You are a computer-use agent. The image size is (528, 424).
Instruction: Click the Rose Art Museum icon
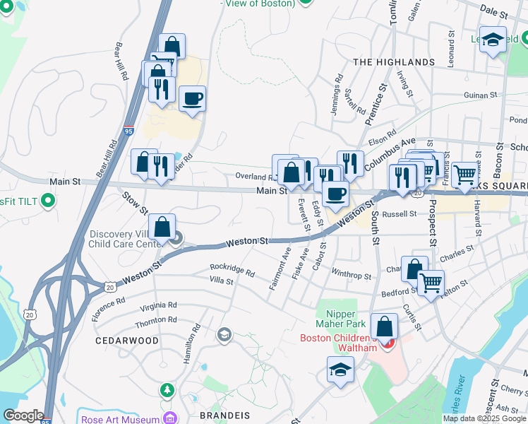click(169, 418)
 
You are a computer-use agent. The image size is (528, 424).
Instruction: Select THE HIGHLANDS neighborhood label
click(394, 62)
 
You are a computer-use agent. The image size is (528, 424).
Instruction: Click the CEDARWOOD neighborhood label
click(128, 340)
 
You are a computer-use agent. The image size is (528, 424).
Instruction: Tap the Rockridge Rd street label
click(232, 269)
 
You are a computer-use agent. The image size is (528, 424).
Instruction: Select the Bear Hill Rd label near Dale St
click(121, 61)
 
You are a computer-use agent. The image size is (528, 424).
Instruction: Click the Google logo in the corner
click(23, 416)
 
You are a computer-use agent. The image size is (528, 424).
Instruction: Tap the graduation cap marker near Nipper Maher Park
click(340, 370)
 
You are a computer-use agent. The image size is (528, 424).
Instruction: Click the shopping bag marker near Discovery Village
click(162, 227)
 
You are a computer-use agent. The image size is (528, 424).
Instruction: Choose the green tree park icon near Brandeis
click(167, 389)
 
